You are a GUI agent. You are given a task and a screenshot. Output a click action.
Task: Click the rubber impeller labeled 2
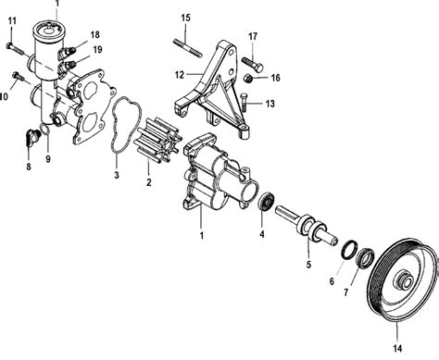point(157,141)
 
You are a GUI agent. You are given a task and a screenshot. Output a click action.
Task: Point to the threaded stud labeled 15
point(188,48)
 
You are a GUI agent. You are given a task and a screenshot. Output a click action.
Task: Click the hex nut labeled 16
point(248,79)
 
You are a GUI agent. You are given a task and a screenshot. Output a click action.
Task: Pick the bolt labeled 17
point(253,64)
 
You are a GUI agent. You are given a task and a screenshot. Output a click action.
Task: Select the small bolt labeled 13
point(244,103)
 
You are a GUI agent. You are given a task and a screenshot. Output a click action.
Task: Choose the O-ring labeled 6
point(349,249)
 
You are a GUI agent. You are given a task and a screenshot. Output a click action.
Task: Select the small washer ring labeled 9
point(44,130)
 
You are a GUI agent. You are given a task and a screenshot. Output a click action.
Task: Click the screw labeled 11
point(15,49)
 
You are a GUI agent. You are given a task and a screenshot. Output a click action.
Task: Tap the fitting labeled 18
point(68,52)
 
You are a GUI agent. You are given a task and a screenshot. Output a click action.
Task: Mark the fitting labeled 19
point(69,66)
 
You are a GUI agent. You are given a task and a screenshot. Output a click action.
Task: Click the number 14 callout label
point(397,349)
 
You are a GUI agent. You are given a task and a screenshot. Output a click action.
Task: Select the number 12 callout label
point(180,75)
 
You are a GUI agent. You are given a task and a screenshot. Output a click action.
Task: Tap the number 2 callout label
point(149,182)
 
